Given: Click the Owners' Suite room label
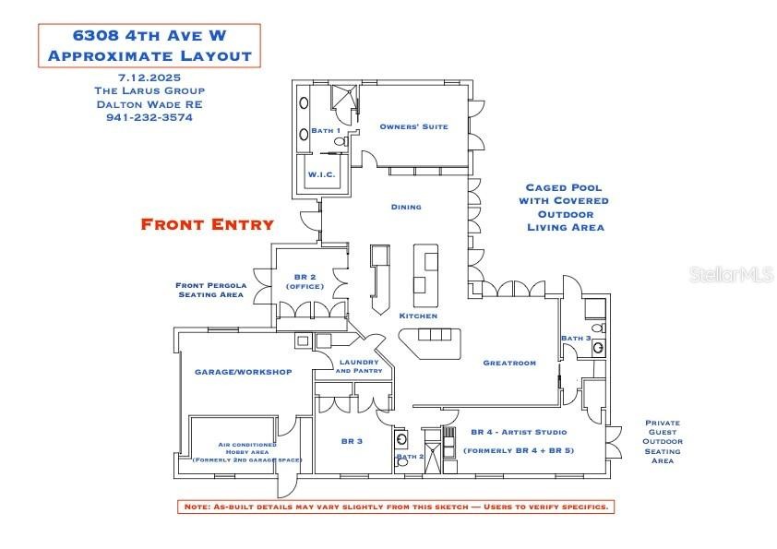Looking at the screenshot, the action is (413, 126).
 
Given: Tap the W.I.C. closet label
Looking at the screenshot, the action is (322, 174).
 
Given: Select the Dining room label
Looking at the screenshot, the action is (406, 207).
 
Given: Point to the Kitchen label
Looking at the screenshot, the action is (418, 316).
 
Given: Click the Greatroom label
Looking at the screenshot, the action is (509, 364).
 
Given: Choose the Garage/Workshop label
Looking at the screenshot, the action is (244, 372).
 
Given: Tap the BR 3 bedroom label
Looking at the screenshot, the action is (352, 441).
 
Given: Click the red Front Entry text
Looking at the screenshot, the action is (207, 224).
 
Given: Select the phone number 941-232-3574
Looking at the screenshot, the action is (149, 118).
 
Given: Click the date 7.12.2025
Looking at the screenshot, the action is (149, 78).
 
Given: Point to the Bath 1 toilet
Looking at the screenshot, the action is (341, 141).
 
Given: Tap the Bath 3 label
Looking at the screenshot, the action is (576, 338).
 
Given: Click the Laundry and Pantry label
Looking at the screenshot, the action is (359, 366).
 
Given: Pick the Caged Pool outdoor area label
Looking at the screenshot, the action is (566, 208).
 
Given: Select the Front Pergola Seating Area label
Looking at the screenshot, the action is (211, 290).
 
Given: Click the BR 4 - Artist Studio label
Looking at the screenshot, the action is (519, 432).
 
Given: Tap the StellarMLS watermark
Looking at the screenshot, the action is (732, 274).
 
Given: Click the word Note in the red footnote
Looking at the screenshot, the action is (197, 507).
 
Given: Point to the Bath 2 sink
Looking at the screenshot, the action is (401, 439).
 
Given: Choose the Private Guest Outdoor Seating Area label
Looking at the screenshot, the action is (663, 442).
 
